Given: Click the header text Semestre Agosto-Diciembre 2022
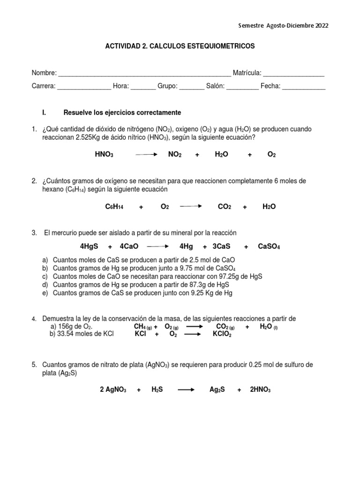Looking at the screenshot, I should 284,26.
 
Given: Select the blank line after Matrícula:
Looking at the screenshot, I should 294,74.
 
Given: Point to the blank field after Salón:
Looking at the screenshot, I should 242,86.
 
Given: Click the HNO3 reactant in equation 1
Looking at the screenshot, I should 104,154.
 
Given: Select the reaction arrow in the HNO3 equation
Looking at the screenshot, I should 146,154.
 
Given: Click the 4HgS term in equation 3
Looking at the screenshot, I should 89,247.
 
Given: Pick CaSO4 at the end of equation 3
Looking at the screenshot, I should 269,247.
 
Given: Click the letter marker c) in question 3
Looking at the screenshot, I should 45,276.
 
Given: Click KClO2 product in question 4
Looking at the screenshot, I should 222,334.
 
